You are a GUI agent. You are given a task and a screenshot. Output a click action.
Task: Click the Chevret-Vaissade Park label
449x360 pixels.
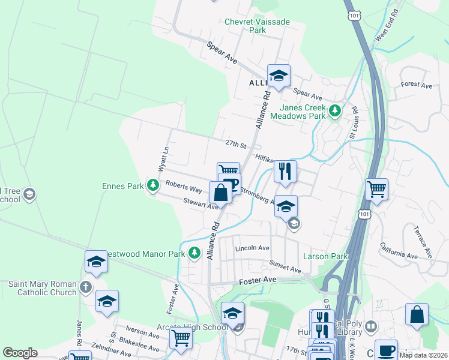[257, 26]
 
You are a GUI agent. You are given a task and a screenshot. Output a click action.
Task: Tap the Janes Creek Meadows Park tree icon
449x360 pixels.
[336, 111]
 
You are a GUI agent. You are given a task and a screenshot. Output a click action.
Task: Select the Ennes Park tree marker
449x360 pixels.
[153, 185]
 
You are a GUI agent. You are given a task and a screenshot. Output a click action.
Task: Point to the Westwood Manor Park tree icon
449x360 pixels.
[194, 254]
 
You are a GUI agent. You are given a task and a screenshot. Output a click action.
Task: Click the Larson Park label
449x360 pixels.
[325, 257]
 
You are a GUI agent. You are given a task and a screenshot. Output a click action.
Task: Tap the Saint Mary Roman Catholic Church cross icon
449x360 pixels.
[86, 287]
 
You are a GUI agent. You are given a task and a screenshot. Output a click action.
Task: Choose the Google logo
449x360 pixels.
[20, 353]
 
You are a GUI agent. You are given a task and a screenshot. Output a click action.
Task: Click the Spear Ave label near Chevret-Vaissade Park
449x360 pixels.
[221, 52]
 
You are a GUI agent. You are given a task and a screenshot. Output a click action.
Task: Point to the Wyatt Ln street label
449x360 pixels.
[162, 158]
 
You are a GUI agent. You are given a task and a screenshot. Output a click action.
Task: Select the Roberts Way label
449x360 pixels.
[184, 187]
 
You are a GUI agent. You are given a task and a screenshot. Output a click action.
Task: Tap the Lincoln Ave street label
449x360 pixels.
[252, 248]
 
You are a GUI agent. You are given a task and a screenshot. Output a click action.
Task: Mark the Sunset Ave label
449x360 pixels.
[285, 266]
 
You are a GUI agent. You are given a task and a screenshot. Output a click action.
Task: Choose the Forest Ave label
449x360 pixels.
[417, 85]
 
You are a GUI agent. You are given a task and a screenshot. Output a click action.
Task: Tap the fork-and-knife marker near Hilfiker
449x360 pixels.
[286, 171]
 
